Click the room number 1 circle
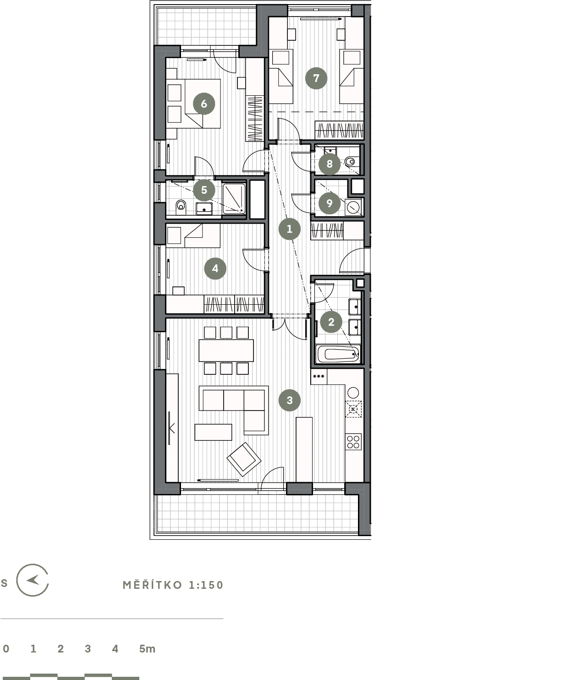pyautogui.click(x=289, y=229)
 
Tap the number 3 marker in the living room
pyautogui.click(x=289, y=400)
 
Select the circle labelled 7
pyautogui.click(x=316, y=78)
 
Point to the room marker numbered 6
pyautogui.click(x=204, y=104)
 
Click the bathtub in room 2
pyautogui.click(x=338, y=354)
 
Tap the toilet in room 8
pyautogui.click(x=350, y=161)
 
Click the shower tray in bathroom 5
pyautogui.click(x=234, y=199)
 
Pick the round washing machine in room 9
pyautogui.click(x=353, y=207)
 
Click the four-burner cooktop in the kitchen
pyautogui.click(x=353, y=442)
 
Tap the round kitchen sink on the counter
pyautogui.click(x=353, y=392)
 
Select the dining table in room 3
pyautogui.click(x=226, y=351)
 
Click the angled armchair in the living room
pyautogui.click(x=244, y=459)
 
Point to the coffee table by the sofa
pyautogui.click(x=214, y=432)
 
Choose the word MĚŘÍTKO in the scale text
pyautogui.click(x=153, y=585)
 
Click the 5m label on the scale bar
pyautogui.click(x=147, y=649)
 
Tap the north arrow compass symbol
pyautogui.click(x=33, y=580)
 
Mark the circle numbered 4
pyautogui.click(x=215, y=269)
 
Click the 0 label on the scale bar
pyautogui.click(x=6, y=649)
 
